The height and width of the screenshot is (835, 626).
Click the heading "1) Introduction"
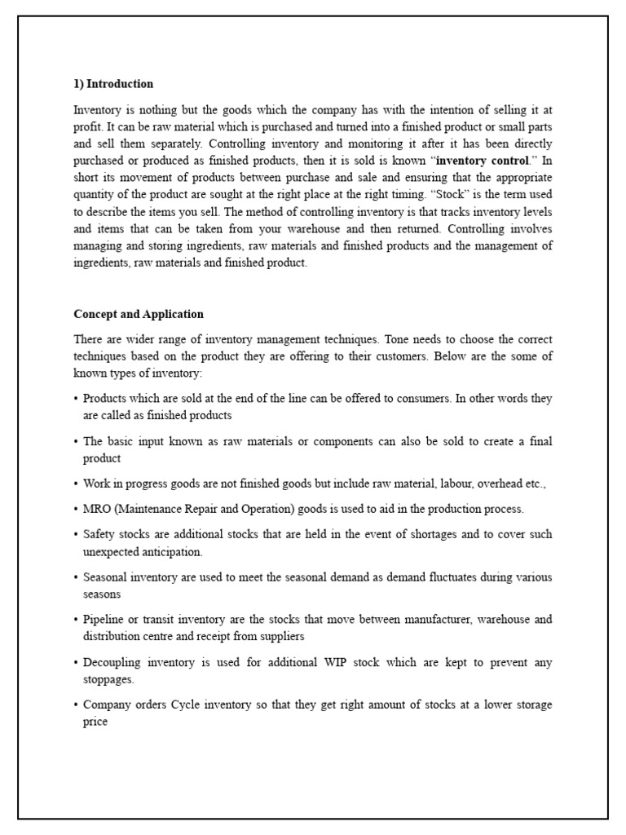113,84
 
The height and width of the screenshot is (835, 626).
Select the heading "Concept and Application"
139,314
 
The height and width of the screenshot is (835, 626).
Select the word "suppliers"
280,636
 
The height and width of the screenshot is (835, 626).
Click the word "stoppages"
108,679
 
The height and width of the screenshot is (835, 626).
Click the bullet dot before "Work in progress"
76,484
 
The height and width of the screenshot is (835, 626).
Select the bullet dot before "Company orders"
76,705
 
